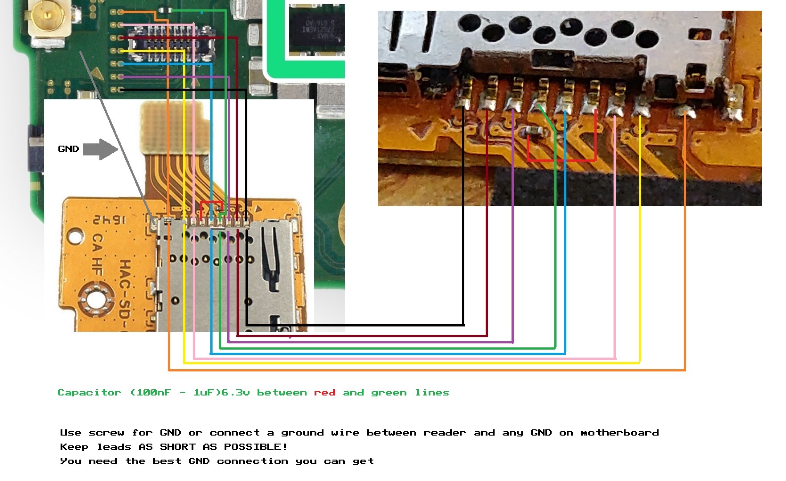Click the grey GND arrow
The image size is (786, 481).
100,149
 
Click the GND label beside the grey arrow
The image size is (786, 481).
68,149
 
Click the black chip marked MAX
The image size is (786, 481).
316,29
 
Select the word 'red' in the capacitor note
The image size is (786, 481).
324,393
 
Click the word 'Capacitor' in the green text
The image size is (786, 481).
89,393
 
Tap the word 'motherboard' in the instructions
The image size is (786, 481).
619,433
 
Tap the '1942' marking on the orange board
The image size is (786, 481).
110,220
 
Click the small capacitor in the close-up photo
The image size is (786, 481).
534,130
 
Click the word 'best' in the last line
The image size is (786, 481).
167,461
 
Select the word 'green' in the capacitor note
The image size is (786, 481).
389,393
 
